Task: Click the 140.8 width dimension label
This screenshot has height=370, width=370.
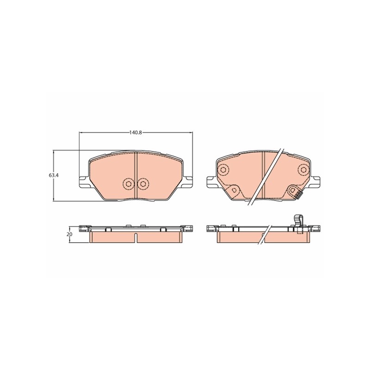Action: click(135, 132)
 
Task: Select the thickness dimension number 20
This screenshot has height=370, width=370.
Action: click(70, 234)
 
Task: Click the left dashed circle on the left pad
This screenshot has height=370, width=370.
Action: click(128, 184)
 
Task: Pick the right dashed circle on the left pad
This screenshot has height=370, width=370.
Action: click(142, 184)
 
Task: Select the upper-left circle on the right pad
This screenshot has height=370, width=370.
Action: click(222, 170)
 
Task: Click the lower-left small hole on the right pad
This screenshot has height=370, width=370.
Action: click(234, 190)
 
